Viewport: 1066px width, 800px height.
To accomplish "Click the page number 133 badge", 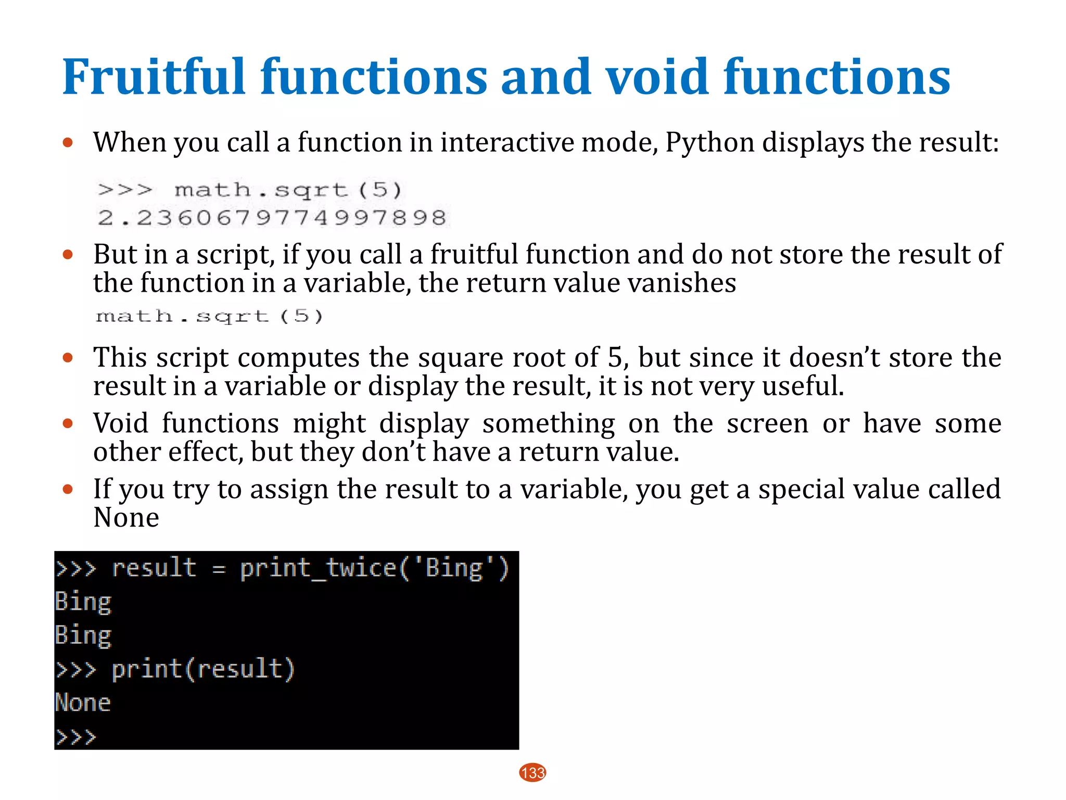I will point(532,772).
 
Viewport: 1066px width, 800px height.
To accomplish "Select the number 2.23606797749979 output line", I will point(272,218).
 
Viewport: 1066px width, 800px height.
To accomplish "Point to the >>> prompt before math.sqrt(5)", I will point(125,190).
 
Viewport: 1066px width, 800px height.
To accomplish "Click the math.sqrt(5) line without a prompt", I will point(209,316).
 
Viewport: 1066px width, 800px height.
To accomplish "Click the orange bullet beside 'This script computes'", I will point(68,358).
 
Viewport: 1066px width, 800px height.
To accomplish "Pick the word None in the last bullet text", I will point(126,518).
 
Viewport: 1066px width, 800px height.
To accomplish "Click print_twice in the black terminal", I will point(318,568).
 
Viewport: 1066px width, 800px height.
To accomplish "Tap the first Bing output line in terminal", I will point(83,602).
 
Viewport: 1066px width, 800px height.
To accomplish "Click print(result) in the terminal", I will point(203,669).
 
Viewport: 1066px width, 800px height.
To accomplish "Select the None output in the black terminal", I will point(83,703).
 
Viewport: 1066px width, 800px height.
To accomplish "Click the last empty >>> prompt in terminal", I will point(76,737).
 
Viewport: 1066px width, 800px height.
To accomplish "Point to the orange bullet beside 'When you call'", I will point(68,142).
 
